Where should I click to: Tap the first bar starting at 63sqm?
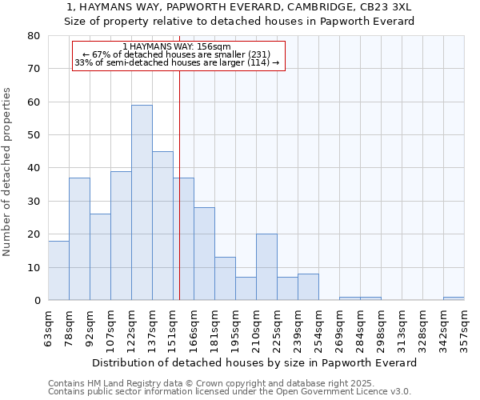[58, 270]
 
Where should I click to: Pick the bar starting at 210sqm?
[266, 267]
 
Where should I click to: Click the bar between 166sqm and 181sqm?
[204, 254]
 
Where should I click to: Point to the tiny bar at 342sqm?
[454, 298]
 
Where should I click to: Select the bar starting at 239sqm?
[308, 287]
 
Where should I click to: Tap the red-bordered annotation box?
[178, 56]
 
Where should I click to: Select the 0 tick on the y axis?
[37, 301]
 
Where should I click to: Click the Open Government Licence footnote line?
[230, 391]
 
